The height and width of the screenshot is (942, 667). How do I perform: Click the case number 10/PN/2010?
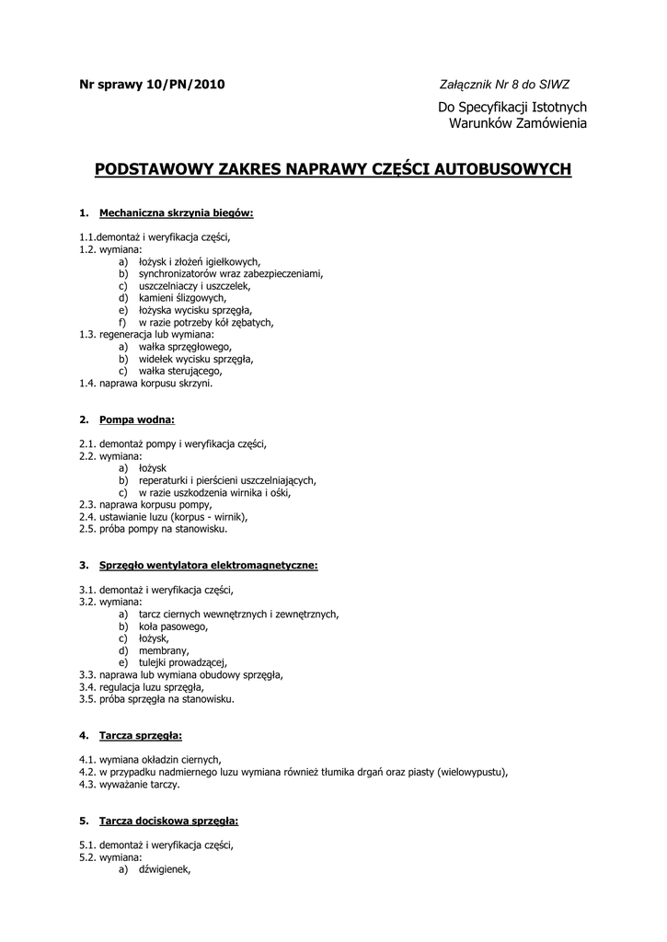[185, 85]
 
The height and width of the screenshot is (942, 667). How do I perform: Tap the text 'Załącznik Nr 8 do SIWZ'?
[504, 85]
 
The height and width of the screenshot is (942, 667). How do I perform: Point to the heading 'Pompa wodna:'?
[136, 419]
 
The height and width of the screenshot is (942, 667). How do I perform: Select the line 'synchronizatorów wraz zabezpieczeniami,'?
[230, 273]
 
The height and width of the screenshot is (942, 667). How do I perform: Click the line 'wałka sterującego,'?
[180, 372]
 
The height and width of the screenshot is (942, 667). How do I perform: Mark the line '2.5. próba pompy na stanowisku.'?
[153, 529]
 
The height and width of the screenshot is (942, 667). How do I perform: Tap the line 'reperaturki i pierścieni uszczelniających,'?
[227, 480]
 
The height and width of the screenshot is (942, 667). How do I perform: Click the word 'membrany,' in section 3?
[164, 650]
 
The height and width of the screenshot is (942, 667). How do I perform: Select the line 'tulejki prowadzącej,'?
[182, 662]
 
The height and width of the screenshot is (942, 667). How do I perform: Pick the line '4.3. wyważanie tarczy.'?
[130, 785]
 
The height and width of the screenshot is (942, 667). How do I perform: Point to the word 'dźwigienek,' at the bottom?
[165, 869]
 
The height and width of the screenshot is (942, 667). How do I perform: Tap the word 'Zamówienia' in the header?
[551, 123]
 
